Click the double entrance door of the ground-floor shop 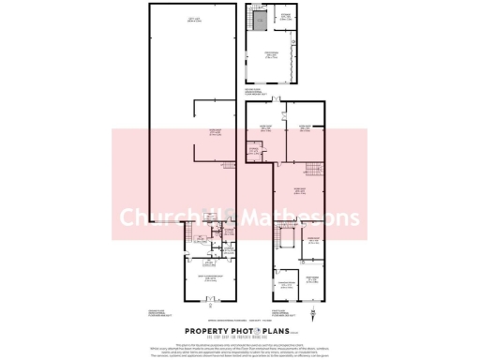coord(210,300)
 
